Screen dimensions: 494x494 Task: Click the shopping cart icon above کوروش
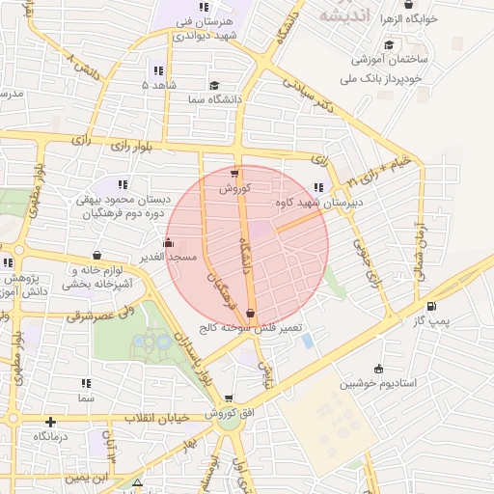(x=234, y=175)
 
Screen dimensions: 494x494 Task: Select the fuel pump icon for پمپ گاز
(x=429, y=307)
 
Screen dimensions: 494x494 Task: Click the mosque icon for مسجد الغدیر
(x=170, y=243)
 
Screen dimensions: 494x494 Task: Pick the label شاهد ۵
(x=158, y=86)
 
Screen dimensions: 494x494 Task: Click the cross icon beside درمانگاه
(x=50, y=422)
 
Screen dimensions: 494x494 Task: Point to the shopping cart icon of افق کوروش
(x=229, y=398)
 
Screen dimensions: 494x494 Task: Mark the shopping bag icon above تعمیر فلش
(x=251, y=313)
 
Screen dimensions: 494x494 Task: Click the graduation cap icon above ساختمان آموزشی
(x=389, y=44)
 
